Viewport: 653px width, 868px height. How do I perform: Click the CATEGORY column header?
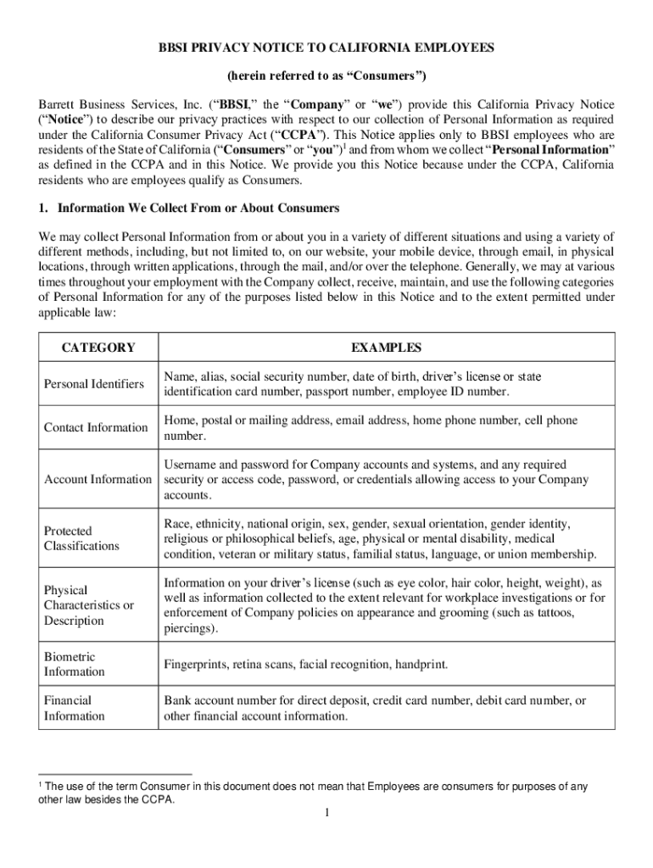[x=98, y=348]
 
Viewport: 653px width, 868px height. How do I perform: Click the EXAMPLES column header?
[x=386, y=348]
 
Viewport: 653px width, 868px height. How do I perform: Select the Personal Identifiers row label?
[x=94, y=384]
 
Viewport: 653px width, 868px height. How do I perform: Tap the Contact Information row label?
[x=96, y=427]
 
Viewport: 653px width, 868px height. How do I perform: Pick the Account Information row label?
[x=98, y=479]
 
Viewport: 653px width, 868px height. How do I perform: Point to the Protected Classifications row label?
[x=81, y=538]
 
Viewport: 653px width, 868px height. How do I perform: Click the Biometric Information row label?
[x=75, y=664]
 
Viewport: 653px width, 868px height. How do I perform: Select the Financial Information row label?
[x=75, y=708]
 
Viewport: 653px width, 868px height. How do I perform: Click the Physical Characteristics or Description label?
[x=89, y=605]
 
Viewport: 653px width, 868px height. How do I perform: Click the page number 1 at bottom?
[x=326, y=813]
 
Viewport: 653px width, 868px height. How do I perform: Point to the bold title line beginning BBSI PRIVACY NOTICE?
[x=326, y=48]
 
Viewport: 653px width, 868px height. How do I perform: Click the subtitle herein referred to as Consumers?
[x=326, y=76]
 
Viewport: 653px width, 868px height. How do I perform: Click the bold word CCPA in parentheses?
[x=301, y=136]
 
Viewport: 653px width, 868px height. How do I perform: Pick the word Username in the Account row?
[x=191, y=465]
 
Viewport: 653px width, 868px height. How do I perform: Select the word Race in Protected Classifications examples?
[x=176, y=524]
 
